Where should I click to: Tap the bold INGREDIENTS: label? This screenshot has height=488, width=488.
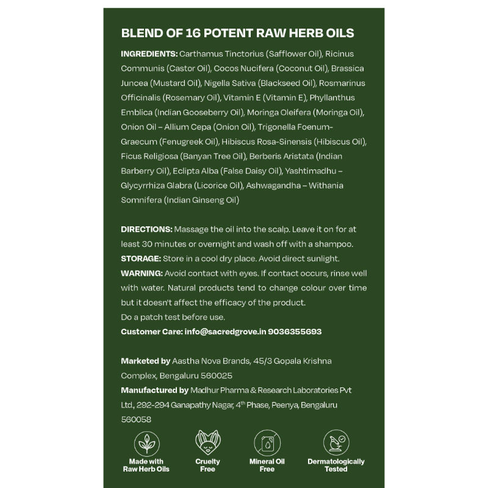pyautogui.click(x=149, y=54)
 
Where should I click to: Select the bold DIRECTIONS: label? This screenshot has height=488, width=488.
pyautogui.click(x=147, y=229)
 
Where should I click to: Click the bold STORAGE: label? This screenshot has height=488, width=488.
pyautogui.click(x=141, y=259)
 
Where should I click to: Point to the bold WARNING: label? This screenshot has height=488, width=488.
pyautogui.click(x=142, y=273)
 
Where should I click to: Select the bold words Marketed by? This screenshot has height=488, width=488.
pyautogui.click(x=146, y=361)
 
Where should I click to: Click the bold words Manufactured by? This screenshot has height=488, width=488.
pyautogui.click(x=154, y=390)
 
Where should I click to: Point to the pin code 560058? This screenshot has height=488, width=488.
pyautogui.click(x=136, y=420)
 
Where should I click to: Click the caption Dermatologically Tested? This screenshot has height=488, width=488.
pyautogui.click(x=336, y=465)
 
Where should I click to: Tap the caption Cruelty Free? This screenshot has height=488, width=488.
pyautogui.click(x=207, y=465)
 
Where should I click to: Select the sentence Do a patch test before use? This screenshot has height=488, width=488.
pyautogui.click(x=173, y=317)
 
